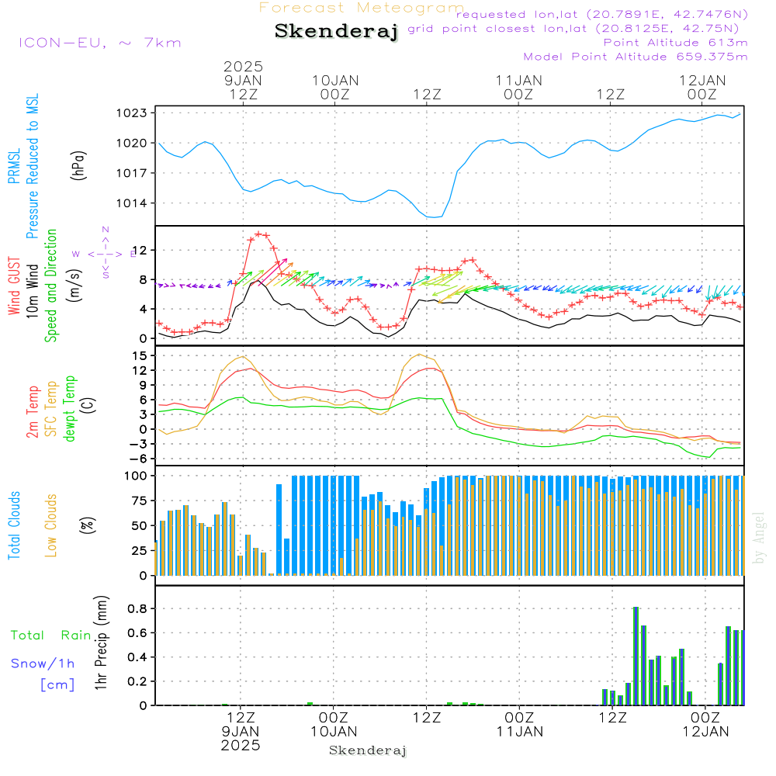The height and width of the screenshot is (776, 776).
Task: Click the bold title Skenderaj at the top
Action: [x=336, y=32]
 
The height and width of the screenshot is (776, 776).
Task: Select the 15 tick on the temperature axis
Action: [x=140, y=356]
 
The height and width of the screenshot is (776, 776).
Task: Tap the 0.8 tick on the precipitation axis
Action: [x=138, y=608]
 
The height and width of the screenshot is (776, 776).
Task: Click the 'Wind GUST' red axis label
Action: [x=15, y=287]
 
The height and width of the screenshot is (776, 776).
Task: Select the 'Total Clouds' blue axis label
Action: [x=15, y=525]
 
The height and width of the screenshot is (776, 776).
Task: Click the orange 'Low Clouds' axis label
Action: [x=51, y=525]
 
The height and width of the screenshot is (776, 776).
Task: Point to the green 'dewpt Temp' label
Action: [x=70, y=409]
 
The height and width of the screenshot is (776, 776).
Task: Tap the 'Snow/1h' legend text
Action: [x=43, y=664]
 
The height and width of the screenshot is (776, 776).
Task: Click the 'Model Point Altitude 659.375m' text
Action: [x=635, y=57]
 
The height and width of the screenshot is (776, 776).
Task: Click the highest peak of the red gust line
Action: [x=260, y=234]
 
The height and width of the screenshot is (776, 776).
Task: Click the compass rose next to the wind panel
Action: [x=106, y=253]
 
